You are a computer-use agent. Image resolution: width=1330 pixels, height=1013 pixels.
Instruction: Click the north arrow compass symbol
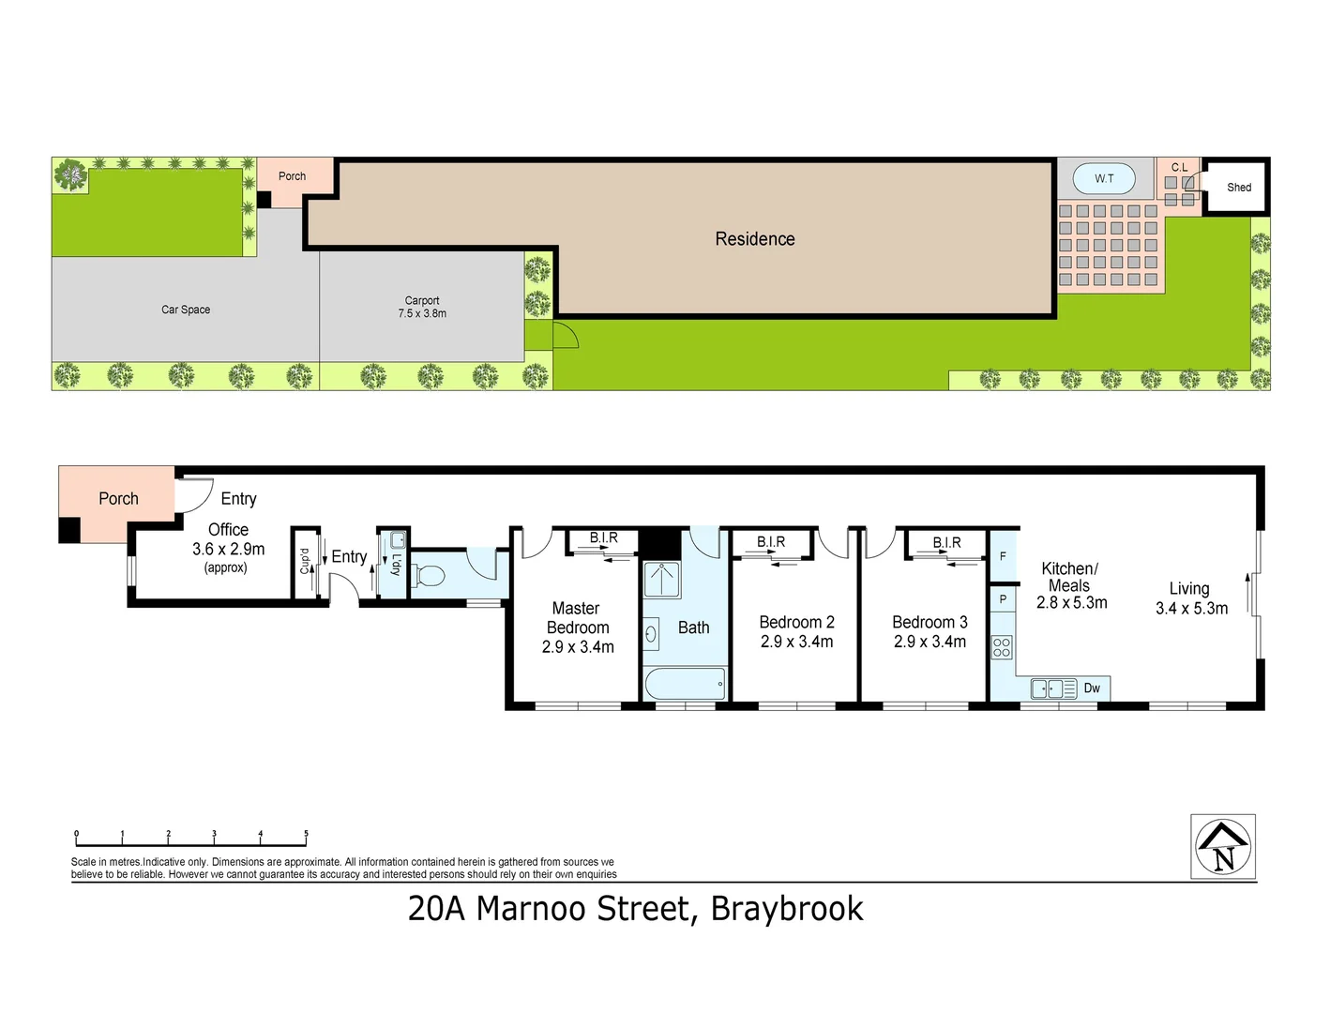tap(1223, 847)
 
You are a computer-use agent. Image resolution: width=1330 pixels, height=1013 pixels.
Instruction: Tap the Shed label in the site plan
tap(1238, 188)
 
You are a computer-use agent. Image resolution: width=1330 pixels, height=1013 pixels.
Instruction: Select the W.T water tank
tap(1104, 178)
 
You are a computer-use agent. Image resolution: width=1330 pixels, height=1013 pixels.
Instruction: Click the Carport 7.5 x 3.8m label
tap(422, 308)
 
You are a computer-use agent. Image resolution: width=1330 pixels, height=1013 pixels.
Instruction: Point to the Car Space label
tap(186, 310)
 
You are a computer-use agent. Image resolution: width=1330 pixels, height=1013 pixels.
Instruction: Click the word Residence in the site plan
tap(754, 239)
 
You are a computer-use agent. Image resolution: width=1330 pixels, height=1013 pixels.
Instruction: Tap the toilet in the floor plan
tap(428, 575)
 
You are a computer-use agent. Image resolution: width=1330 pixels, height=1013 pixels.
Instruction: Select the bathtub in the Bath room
tap(685, 683)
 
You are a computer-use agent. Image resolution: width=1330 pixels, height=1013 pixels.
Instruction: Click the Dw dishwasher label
tap(1092, 688)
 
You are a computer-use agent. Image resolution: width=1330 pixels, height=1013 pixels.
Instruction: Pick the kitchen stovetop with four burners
tap(1002, 647)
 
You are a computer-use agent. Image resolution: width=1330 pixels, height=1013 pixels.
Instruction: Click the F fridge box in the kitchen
tap(1003, 557)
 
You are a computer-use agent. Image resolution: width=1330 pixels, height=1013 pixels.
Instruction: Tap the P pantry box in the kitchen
tap(1003, 599)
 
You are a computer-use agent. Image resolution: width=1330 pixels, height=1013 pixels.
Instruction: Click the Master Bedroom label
tap(578, 627)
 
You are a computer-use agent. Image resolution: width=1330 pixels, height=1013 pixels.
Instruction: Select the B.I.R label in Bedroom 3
tap(946, 542)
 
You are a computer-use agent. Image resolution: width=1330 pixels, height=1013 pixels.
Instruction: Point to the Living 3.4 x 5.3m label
tap(1191, 598)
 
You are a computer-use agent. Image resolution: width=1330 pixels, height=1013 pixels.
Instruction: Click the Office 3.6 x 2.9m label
tap(228, 540)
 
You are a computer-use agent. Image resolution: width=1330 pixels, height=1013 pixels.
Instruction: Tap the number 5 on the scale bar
tap(306, 834)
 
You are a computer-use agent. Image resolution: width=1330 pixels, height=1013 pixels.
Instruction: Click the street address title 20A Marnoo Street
tap(635, 909)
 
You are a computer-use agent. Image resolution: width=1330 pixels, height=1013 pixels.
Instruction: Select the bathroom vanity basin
tap(652, 634)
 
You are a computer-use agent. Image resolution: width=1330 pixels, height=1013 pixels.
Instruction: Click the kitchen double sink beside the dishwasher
tap(1053, 689)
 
